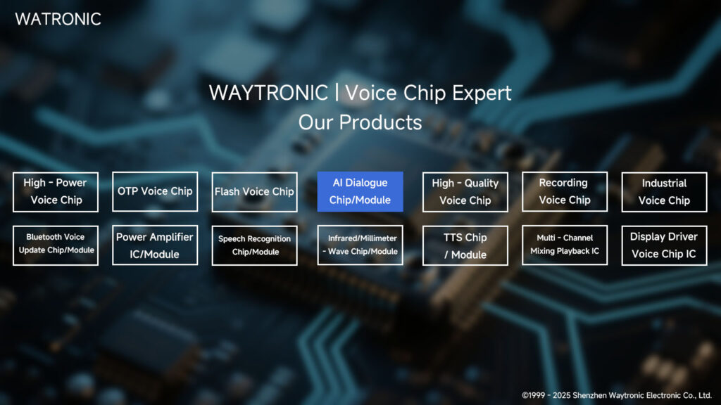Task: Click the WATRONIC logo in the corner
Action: [x=58, y=19]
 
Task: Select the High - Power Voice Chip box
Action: [x=56, y=191]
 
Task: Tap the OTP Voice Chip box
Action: [x=155, y=191]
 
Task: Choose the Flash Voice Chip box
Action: [x=254, y=191]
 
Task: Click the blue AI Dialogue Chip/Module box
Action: [x=360, y=191]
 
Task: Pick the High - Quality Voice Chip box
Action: [x=465, y=191]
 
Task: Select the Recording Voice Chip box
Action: [x=564, y=191]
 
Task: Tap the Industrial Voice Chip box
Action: [x=664, y=191]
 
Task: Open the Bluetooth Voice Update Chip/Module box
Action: [x=56, y=245]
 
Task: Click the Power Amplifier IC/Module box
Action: [x=155, y=245]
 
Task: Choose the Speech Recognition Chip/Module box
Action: [x=254, y=245]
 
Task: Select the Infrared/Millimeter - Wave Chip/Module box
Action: [x=360, y=245]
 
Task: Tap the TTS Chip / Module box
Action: [x=465, y=245]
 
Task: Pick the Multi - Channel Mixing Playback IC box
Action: [x=564, y=245]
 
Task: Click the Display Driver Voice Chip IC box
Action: [x=664, y=245]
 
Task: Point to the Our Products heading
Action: [x=360, y=122]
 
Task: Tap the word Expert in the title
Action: [x=482, y=93]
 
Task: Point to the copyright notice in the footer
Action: [x=617, y=395]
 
